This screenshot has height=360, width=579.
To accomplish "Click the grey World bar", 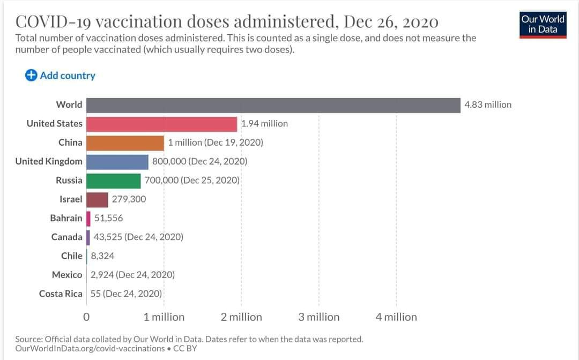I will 273,105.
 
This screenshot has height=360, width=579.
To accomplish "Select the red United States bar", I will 161,124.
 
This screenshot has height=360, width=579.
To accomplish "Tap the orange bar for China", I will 125,142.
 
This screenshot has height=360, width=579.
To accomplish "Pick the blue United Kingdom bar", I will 117,161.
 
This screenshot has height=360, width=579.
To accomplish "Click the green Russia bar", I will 113,181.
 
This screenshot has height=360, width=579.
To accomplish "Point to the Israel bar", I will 97,199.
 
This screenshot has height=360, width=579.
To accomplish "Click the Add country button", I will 60,76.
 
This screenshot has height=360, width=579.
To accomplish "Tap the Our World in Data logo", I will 543,24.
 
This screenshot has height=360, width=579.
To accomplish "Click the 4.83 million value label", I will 488,105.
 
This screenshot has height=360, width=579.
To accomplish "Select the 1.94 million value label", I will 264,124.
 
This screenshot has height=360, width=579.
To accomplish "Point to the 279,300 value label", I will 129,199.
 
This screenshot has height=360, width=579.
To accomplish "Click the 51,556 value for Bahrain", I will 108,218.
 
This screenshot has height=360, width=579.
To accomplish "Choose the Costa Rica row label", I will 61,294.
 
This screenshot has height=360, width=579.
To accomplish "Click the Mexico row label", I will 67,275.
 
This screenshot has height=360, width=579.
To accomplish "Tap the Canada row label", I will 67,237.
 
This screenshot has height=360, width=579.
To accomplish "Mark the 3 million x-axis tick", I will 319,317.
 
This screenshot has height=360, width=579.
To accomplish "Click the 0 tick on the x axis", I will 86,317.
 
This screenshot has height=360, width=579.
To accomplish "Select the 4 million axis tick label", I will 396,317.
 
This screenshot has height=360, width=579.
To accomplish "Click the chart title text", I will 227,21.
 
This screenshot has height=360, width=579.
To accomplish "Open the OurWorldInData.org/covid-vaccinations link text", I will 90,348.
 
